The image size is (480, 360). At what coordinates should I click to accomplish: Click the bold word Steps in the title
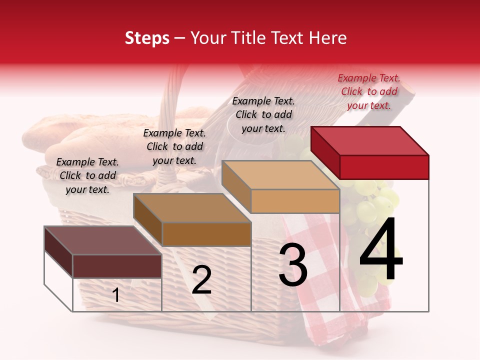click(x=147, y=38)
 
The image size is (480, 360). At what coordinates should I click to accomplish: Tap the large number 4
click(x=381, y=250)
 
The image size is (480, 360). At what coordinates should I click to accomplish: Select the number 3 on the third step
click(x=292, y=265)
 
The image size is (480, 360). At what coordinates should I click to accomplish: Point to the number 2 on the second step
click(x=201, y=280)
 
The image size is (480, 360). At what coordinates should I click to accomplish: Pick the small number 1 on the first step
click(x=116, y=295)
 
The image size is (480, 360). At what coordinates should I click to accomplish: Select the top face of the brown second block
click(x=192, y=208)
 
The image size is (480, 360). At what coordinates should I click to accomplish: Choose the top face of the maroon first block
click(x=103, y=240)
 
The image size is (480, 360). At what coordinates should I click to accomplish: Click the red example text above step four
click(x=369, y=91)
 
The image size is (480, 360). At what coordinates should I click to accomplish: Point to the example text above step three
click(x=263, y=114)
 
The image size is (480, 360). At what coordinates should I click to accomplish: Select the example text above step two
click(x=174, y=146)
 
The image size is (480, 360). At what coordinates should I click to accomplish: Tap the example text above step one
click(x=87, y=175)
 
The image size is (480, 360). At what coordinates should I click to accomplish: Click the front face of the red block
click(x=384, y=167)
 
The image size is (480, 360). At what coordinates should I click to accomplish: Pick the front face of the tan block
click(x=295, y=201)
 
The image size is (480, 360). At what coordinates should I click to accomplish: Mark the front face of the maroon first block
click(x=117, y=266)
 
